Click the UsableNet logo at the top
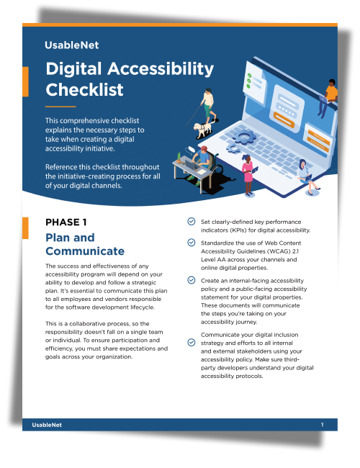(72, 45)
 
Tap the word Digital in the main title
(82, 69)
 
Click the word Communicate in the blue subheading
(85, 251)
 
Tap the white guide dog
(204, 130)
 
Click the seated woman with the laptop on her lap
(307, 177)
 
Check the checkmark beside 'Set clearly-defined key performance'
(190, 221)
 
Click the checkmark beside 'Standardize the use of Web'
(190, 243)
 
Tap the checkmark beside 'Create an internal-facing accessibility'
(190, 279)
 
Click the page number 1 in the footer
(322, 426)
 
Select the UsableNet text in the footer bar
(47, 426)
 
